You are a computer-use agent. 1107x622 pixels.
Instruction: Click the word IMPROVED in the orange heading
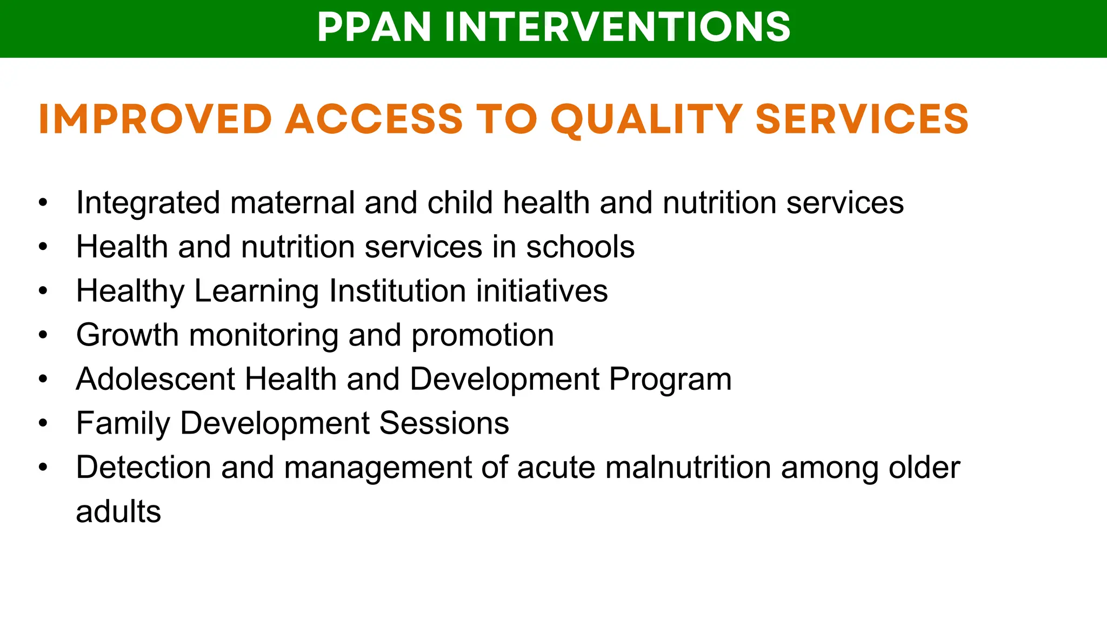click(155, 119)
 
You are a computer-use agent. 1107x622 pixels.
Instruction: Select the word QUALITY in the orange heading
click(646, 119)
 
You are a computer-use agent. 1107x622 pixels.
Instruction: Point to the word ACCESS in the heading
click(374, 119)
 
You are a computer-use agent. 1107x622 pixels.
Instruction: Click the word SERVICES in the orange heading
click(862, 119)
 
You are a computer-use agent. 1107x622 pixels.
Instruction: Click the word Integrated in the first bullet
click(148, 203)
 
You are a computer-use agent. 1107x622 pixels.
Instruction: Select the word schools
click(580, 247)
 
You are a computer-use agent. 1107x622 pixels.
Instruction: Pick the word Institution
click(397, 291)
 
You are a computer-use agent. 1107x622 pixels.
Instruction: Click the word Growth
click(128, 335)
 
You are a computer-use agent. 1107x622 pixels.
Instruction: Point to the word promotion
click(483, 335)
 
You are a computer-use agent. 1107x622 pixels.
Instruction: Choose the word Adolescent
click(155, 379)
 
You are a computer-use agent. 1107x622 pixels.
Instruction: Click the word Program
click(670, 379)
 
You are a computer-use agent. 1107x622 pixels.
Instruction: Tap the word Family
click(123, 423)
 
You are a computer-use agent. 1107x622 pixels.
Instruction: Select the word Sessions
click(444, 423)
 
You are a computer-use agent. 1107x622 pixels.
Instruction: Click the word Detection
click(143, 468)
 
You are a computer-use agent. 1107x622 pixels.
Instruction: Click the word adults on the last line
click(118, 512)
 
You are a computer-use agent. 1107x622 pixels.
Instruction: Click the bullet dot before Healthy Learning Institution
click(43, 291)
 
